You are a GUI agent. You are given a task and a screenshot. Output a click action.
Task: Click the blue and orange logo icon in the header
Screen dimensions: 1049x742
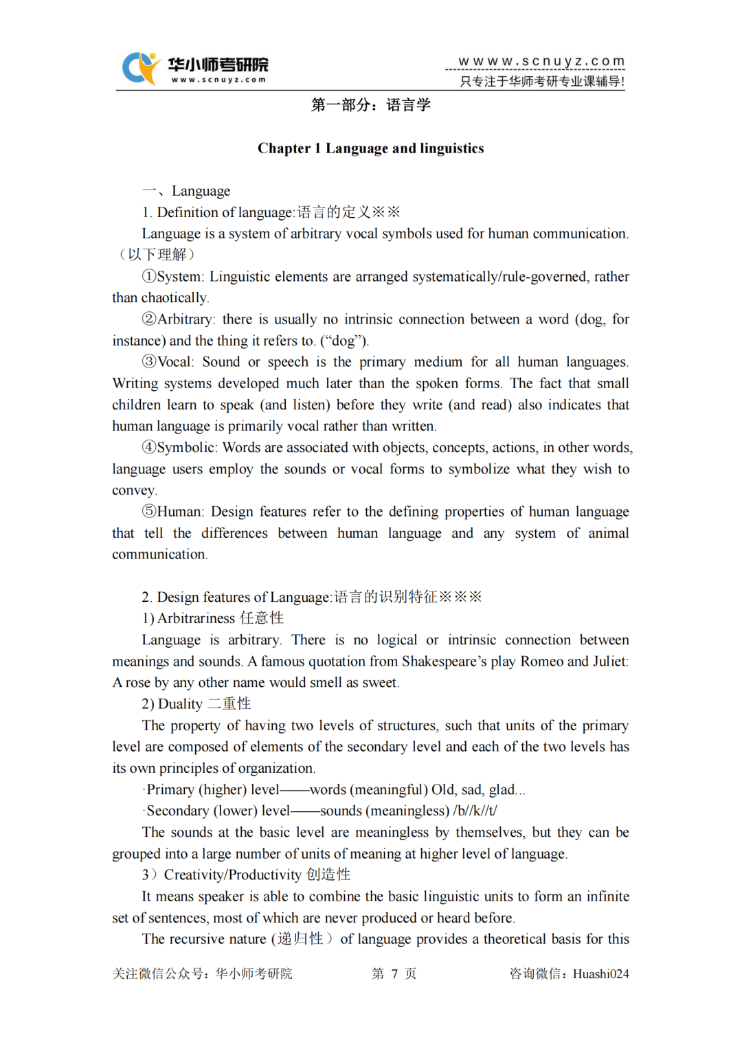tap(139, 68)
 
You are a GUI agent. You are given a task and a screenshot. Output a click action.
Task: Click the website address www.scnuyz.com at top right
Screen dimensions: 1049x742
tap(541, 61)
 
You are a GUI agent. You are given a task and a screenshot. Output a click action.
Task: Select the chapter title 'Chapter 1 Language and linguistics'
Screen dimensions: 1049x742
tap(370, 148)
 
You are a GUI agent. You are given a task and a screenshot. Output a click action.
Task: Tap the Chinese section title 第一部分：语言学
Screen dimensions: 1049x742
tap(370, 105)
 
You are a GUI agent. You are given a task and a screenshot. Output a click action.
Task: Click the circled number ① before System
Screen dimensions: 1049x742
tap(149, 276)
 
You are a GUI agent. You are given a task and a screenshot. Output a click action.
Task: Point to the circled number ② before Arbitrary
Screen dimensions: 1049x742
tap(149, 319)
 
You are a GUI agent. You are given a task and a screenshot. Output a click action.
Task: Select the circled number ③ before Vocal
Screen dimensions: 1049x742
tap(149, 361)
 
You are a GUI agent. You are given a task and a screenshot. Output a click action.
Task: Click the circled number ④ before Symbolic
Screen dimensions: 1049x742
tap(149, 447)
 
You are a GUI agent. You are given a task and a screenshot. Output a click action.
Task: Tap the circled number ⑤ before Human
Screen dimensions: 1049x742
tap(149, 511)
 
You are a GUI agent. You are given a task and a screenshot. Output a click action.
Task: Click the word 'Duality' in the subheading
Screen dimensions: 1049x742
tap(180, 704)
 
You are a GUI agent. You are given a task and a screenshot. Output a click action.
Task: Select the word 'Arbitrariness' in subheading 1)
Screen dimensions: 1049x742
tap(196, 618)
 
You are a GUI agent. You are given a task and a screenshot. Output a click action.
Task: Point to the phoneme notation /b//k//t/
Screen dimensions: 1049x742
tap(475, 811)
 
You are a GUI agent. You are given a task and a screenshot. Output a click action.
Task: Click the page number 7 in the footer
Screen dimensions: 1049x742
tap(394, 973)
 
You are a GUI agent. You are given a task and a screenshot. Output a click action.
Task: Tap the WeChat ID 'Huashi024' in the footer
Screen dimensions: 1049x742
tap(600, 973)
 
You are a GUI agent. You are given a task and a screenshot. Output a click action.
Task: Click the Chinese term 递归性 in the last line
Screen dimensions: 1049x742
tap(300, 939)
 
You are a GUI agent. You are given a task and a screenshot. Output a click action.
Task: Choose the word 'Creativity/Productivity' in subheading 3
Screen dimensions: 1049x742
tap(232, 875)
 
